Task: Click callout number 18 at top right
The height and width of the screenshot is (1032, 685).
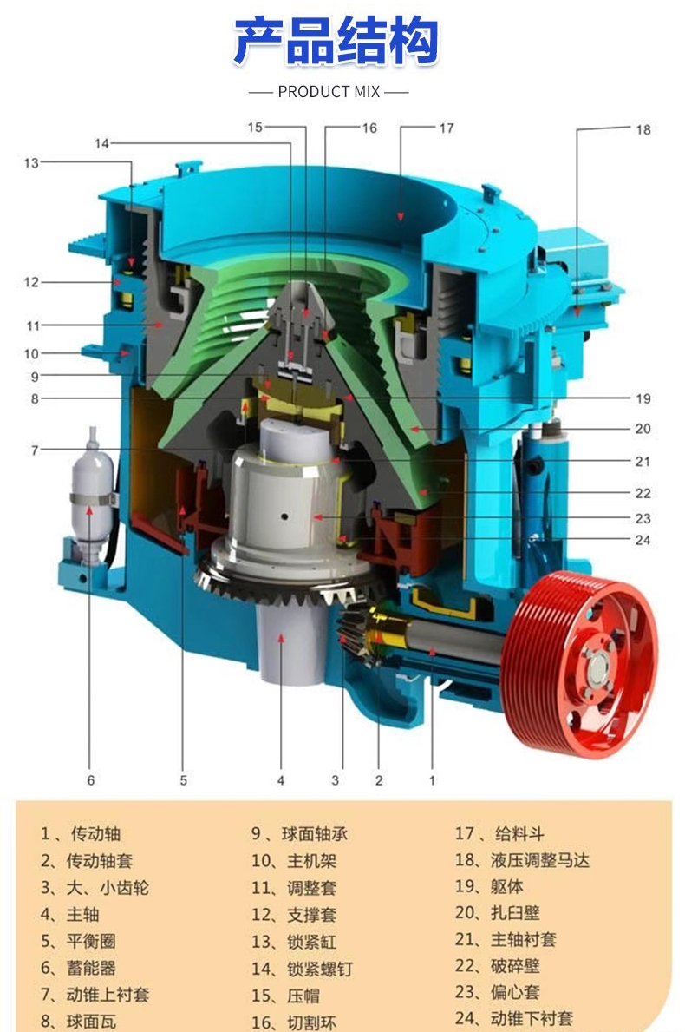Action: click(643, 129)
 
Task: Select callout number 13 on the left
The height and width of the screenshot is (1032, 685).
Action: click(31, 162)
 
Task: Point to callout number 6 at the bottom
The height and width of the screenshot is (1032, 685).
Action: click(91, 780)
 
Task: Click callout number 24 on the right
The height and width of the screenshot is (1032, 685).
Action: click(643, 540)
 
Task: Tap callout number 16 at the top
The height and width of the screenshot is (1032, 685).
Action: click(369, 128)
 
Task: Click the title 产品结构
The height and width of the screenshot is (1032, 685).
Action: click(336, 41)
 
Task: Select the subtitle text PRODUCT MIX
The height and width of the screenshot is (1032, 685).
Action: click(329, 91)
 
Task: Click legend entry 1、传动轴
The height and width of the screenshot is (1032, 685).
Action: click(80, 834)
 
